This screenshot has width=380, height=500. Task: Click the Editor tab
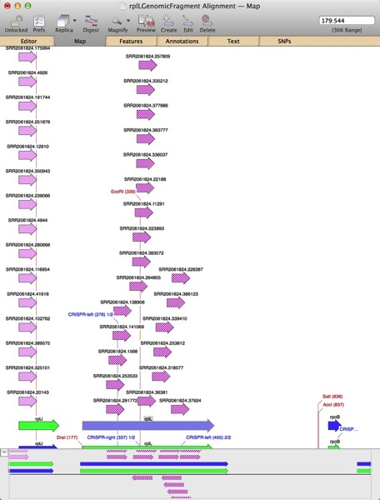[x=28, y=40]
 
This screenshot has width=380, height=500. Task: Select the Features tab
[x=130, y=40]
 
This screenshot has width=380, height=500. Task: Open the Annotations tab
[x=182, y=40]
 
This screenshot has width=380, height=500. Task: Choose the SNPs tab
[x=284, y=40]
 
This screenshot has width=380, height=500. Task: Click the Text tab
[x=233, y=40]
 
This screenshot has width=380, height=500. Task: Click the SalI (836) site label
[x=332, y=397]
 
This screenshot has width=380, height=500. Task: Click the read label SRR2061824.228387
[x=181, y=269]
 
